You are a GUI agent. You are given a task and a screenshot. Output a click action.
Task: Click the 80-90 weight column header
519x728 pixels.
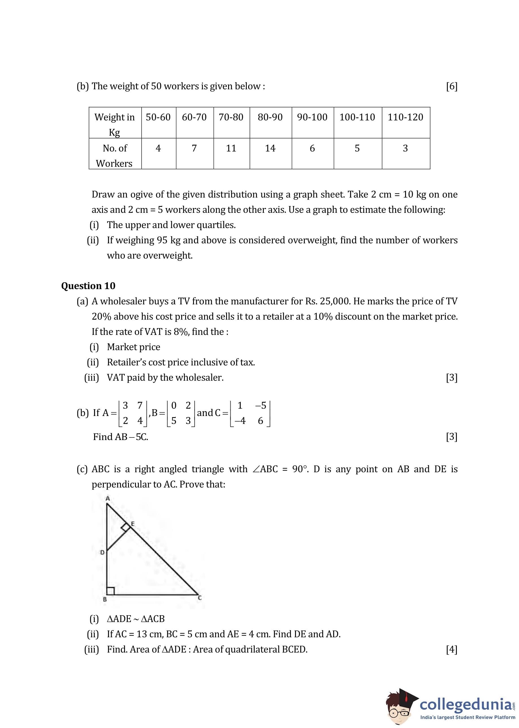click(270, 117)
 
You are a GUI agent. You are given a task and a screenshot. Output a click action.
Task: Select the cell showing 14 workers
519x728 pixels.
click(270, 148)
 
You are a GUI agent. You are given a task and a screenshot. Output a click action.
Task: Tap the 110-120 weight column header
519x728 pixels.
click(405, 117)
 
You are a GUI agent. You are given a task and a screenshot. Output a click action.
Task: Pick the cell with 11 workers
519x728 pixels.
click(231, 148)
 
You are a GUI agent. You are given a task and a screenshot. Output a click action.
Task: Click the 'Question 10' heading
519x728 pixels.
click(88, 286)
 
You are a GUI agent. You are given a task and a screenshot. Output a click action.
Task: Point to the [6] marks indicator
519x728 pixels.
click(451, 86)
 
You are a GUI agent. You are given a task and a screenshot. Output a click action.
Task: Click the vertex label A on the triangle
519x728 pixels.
click(108, 498)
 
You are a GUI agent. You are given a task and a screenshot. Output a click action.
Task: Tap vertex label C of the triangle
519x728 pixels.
click(200, 598)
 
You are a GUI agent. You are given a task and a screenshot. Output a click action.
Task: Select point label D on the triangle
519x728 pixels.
click(102, 552)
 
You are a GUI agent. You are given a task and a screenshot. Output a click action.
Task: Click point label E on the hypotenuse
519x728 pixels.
click(133, 524)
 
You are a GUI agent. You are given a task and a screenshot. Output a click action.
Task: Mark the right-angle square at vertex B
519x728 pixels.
click(110, 591)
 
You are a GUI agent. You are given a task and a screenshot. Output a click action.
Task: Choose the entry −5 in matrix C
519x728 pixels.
click(260, 405)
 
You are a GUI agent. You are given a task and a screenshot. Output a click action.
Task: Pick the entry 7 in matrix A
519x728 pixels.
click(140, 405)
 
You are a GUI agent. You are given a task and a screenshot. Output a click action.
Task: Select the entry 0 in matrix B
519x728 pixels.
click(174, 405)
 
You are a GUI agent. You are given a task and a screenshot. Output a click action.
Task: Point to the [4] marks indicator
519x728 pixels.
click(451, 649)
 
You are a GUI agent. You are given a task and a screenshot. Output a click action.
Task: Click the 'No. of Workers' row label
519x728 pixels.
click(114, 155)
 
